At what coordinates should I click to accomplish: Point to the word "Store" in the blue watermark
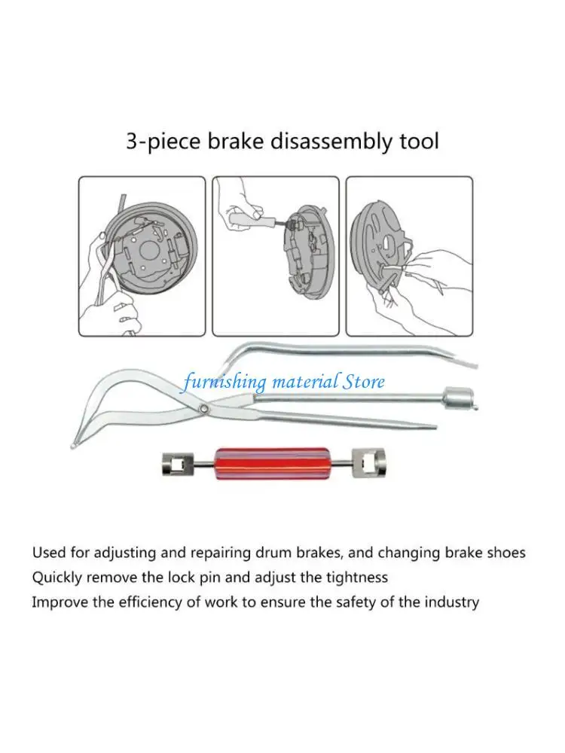(364, 381)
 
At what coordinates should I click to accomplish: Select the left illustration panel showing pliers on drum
(142, 256)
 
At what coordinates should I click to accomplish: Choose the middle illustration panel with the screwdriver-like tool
(275, 256)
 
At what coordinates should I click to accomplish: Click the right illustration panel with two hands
(409, 256)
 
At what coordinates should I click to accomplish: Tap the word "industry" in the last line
(454, 602)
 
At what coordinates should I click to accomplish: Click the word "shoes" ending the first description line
(505, 553)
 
